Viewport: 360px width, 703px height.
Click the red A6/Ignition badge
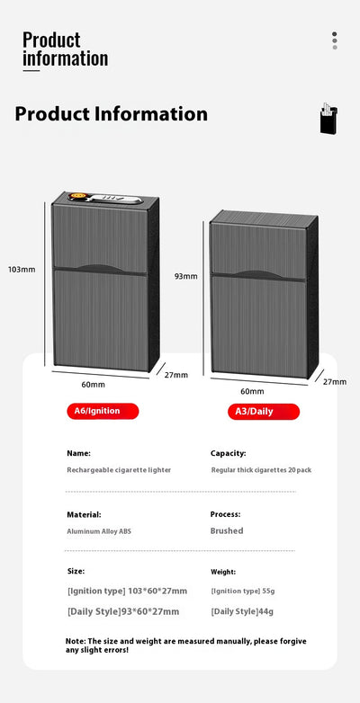pyautogui.click(x=103, y=411)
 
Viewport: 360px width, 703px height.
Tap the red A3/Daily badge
pyautogui.click(x=264, y=412)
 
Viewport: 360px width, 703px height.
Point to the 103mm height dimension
pyautogui.click(x=22, y=270)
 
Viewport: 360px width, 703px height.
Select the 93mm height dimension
pyautogui.click(x=185, y=276)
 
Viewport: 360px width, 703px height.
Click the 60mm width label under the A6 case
pyautogui.click(x=93, y=385)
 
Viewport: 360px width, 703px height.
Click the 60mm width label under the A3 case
pyautogui.click(x=252, y=391)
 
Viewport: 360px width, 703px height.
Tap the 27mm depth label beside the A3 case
pyautogui.click(x=335, y=381)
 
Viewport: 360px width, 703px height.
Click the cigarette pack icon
pyautogui.click(x=328, y=118)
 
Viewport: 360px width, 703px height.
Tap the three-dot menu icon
pyautogui.click(x=335, y=40)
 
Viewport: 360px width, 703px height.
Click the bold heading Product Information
pyautogui.click(x=112, y=114)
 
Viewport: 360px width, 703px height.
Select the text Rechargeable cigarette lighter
pyautogui.click(x=119, y=470)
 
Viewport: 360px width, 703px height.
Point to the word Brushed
pyautogui.click(x=227, y=530)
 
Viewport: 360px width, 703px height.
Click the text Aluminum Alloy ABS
pyautogui.click(x=99, y=531)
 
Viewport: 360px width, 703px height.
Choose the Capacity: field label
pyautogui.click(x=228, y=454)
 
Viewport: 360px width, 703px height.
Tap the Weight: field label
pyautogui.click(x=223, y=572)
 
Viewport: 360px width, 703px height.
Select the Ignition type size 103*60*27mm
pyautogui.click(x=157, y=591)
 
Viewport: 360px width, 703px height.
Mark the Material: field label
pyautogui.click(x=84, y=515)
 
